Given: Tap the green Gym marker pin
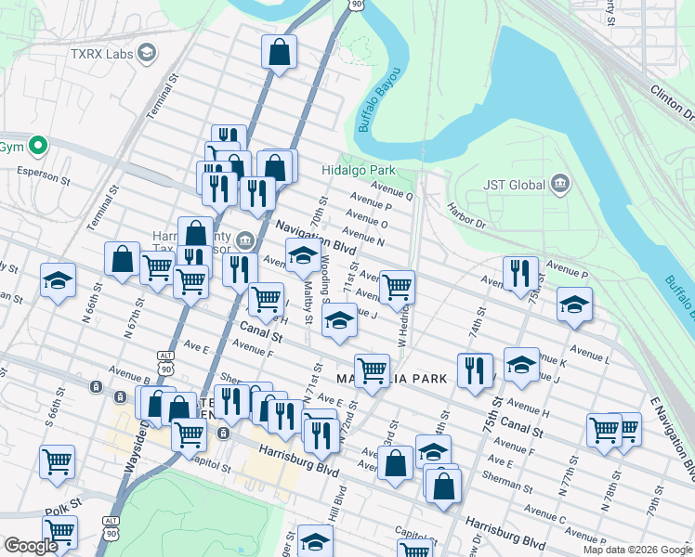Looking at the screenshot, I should (38, 146).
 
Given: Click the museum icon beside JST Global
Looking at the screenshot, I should (559, 184).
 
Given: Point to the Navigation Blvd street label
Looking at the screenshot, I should (315, 238).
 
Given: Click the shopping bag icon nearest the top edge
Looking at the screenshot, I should (279, 55).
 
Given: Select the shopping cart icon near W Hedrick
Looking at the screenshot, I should (397, 288).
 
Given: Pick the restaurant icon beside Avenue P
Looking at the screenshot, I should (520, 274).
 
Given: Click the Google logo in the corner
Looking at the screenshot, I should (30, 546).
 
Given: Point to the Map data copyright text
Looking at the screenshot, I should (636, 550).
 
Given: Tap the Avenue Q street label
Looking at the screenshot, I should (391, 192).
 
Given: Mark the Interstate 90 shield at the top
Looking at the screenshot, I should (358, 6).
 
